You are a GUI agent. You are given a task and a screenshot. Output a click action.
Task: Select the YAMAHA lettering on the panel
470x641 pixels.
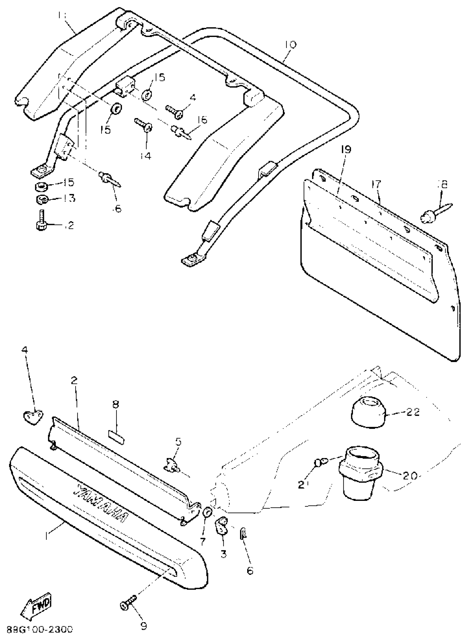101,504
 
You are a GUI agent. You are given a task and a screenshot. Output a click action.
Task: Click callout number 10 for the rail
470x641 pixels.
290,45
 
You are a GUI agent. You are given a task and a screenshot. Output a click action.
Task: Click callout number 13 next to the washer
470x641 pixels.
68,198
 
